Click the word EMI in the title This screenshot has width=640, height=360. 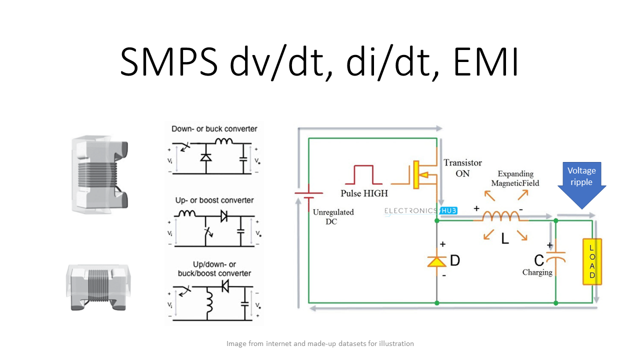(x=486, y=62)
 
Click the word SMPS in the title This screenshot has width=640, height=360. (x=169, y=62)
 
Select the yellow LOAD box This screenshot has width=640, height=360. (x=592, y=261)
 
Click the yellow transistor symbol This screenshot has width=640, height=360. (x=420, y=175)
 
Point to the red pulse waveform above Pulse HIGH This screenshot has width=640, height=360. (x=363, y=174)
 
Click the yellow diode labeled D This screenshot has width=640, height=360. (x=437, y=261)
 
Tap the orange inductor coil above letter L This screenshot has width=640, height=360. (x=501, y=216)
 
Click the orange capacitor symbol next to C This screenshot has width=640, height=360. (x=555, y=257)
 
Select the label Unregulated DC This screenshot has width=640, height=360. (x=333, y=216)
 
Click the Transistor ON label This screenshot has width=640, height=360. (x=462, y=168)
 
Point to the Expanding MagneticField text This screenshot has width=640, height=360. (x=515, y=178)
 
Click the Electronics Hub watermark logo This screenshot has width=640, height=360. (x=420, y=211)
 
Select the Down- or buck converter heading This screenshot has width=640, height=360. (x=214, y=129)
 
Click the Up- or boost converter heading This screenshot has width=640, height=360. (x=214, y=200)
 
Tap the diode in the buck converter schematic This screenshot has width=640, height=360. (x=206, y=157)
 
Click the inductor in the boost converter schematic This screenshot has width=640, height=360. (x=187, y=213)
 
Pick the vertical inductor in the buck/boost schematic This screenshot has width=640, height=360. (x=209, y=301)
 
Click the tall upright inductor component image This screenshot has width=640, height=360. (x=99, y=174)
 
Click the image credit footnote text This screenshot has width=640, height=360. (x=320, y=343)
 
